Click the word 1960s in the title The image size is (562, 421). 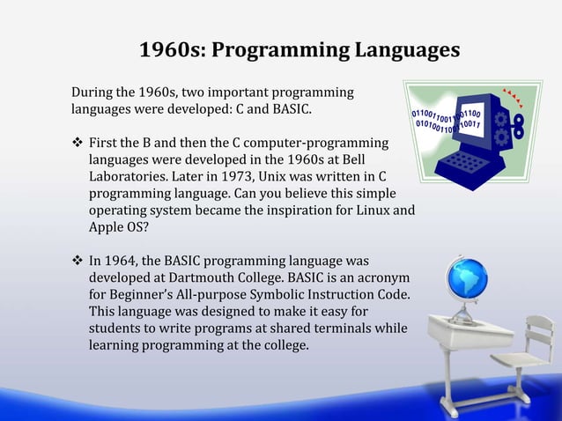tap(168, 50)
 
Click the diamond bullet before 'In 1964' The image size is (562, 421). tap(77, 261)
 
